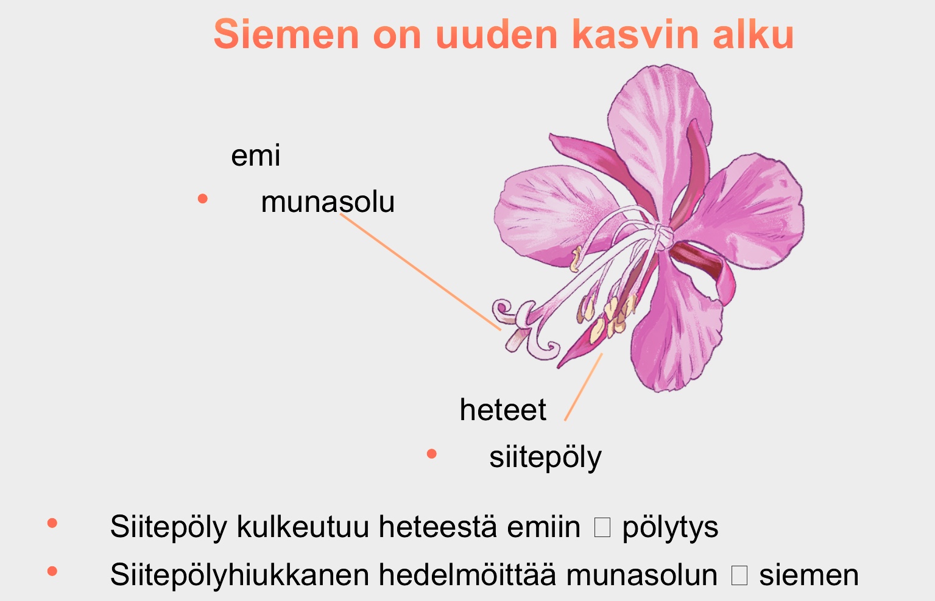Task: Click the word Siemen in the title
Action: coord(286,34)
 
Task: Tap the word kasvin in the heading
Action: coord(635,34)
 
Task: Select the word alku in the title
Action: coord(753,34)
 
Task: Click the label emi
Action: coord(255,156)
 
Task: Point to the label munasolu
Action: coord(328,202)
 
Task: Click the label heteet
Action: coord(503,410)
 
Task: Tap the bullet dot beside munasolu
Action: coord(203,199)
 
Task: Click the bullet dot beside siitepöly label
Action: coord(432,454)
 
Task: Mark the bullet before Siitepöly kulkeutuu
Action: coord(52,524)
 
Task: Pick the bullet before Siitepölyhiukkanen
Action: coord(52,571)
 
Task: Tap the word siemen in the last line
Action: coord(808,575)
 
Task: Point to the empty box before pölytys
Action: coord(602,527)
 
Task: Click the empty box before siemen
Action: coord(739,575)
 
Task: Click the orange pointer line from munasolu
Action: coord(420,272)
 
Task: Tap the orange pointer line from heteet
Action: coord(584,387)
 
